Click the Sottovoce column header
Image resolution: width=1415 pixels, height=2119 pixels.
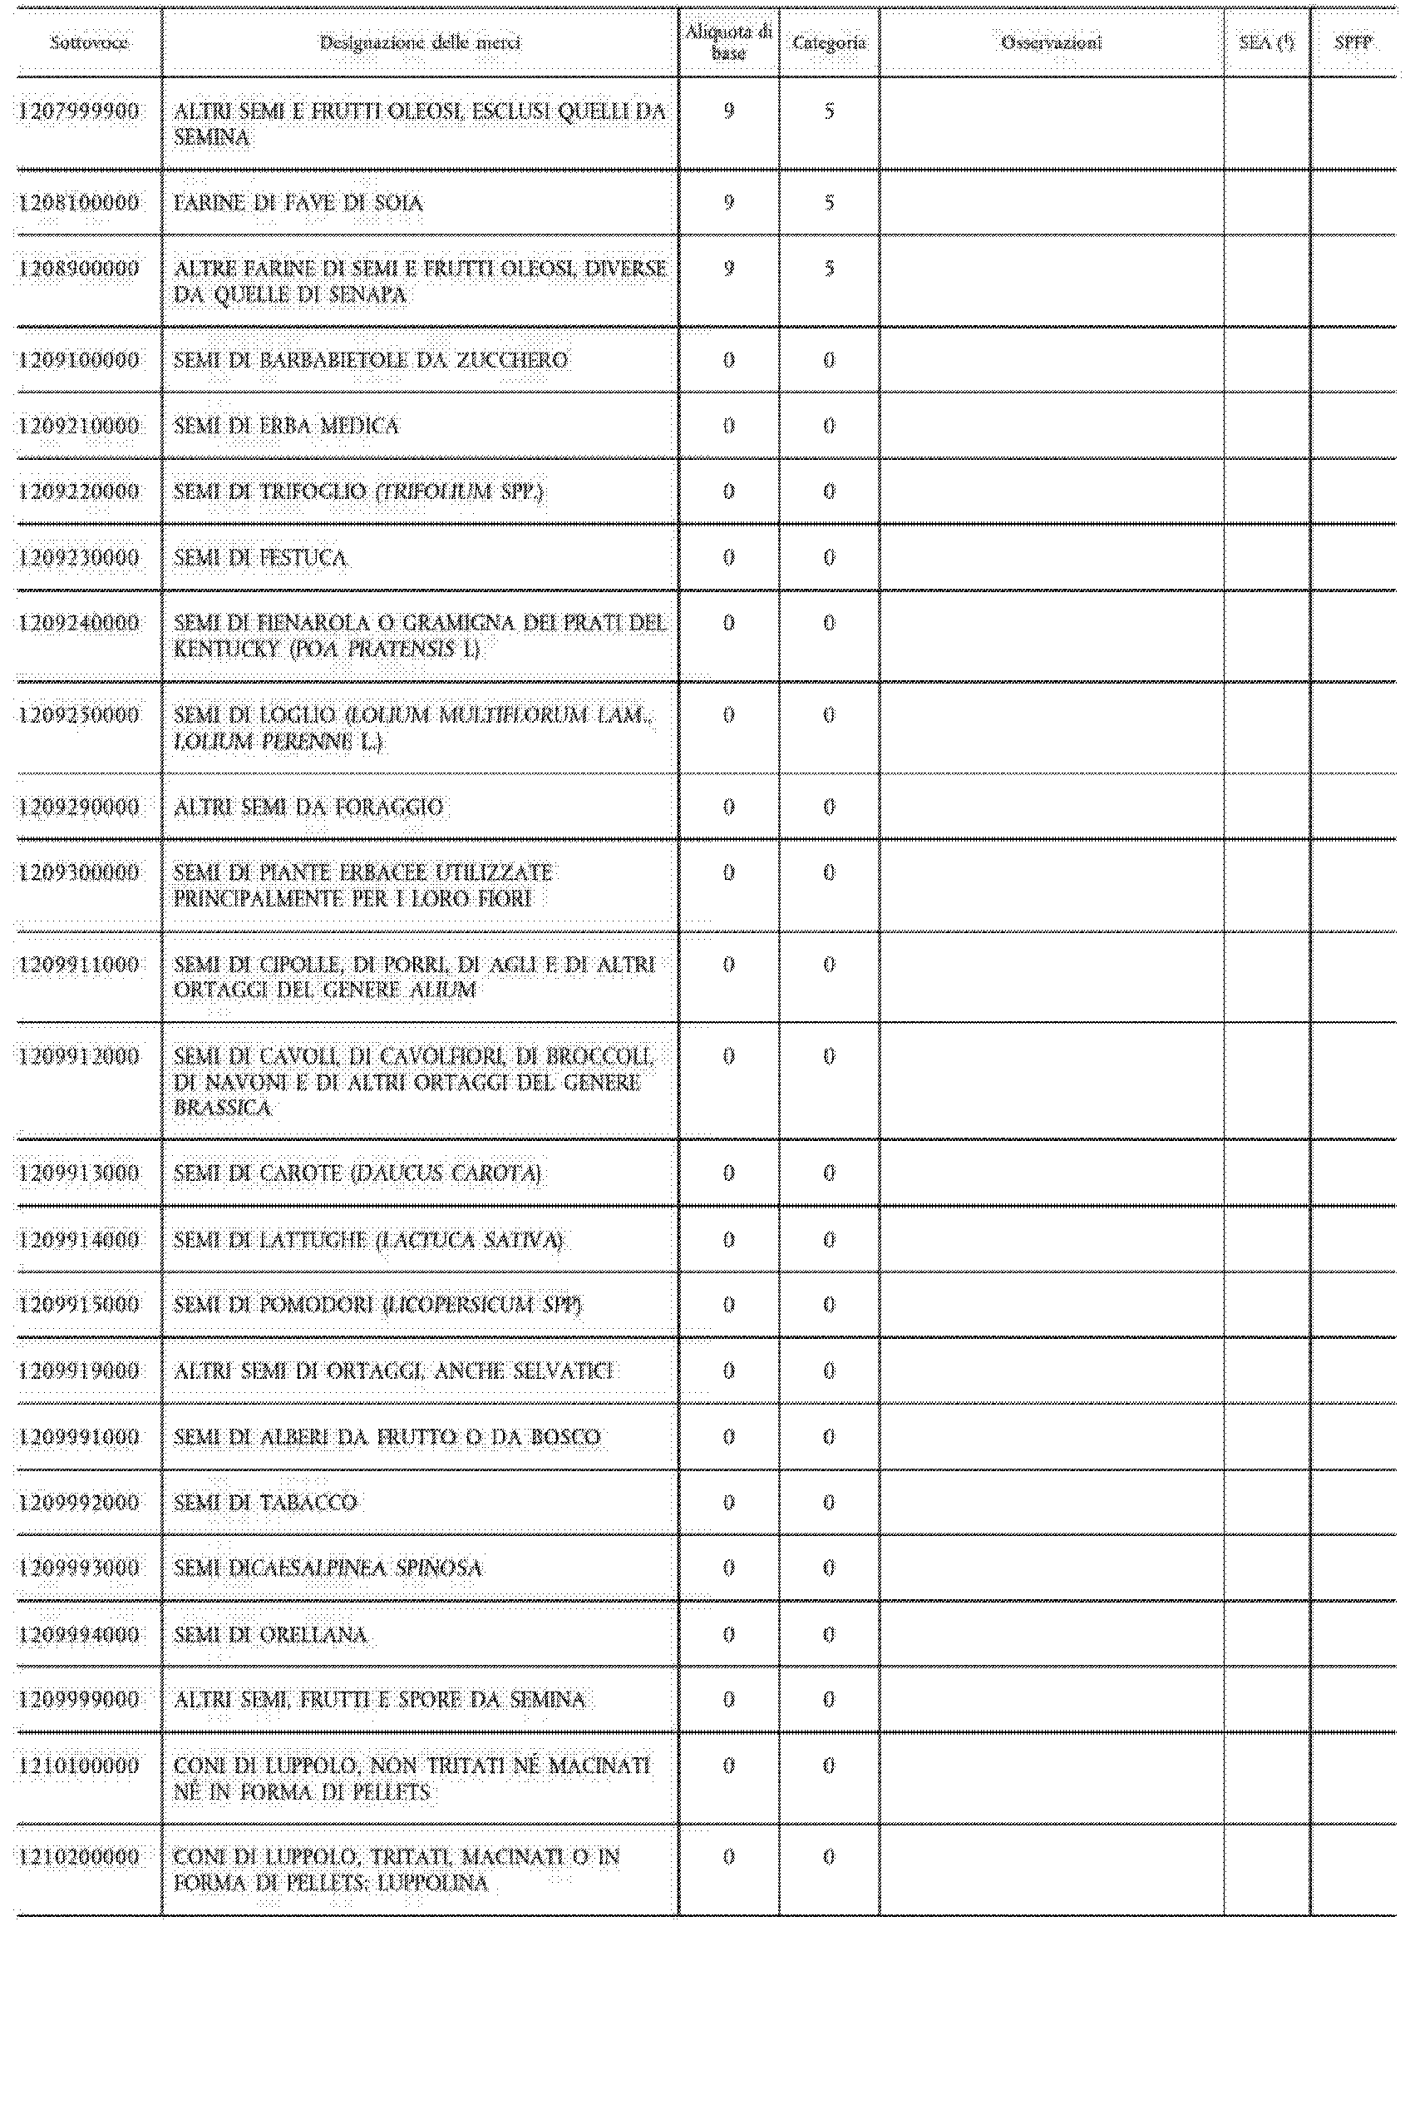(x=88, y=42)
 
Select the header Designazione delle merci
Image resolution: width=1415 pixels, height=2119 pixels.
(x=420, y=42)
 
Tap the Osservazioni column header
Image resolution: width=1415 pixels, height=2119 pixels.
(x=1052, y=42)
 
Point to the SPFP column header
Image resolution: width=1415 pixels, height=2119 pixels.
(x=1353, y=42)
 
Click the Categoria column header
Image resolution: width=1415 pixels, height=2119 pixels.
(x=828, y=42)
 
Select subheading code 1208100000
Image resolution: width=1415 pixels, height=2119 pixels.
(x=80, y=203)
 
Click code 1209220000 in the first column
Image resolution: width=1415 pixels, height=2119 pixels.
(x=80, y=491)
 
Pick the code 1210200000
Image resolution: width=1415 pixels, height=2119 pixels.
(x=80, y=1857)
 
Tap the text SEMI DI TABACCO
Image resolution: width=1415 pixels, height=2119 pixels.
(x=265, y=1503)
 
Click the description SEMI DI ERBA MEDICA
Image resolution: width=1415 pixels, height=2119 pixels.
(x=286, y=426)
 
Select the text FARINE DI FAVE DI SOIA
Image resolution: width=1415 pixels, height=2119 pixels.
(x=298, y=203)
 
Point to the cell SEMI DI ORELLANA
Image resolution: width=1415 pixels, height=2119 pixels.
(x=271, y=1634)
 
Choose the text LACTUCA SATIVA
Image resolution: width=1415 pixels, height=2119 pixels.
(x=469, y=1240)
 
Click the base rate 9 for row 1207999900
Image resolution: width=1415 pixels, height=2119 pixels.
(x=728, y=111)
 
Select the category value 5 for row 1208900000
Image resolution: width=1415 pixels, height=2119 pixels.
(x=828, y=269)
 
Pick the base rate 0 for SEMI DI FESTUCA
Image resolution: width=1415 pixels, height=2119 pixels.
(x=728, y=558)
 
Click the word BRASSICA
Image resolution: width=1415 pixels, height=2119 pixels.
(x=223, y=1108)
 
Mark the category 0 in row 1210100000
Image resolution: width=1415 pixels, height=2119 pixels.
(x=828, y=1766)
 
